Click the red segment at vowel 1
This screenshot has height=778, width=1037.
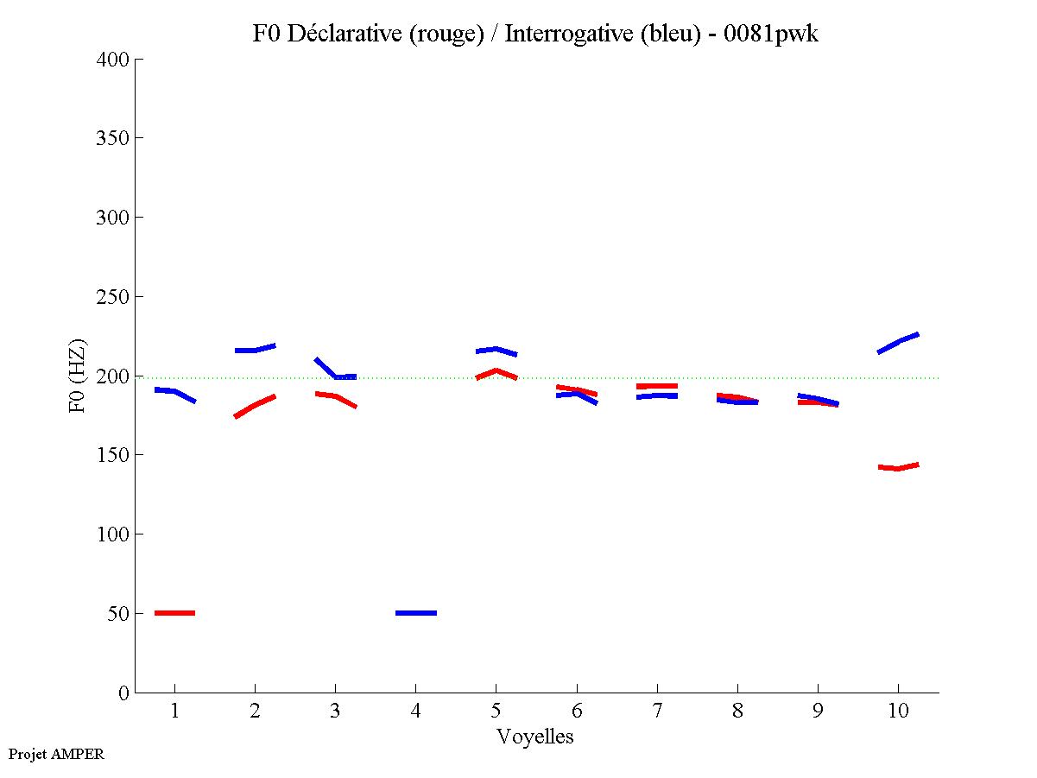(174, 613)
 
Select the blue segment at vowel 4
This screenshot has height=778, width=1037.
(416, 613)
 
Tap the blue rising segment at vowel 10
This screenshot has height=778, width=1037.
(898, 342)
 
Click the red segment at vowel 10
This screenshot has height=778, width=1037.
(898, 468)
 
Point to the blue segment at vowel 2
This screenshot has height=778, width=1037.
(255, 350)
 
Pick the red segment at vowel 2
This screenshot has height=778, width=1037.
(255, 404)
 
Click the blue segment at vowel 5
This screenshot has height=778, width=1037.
(496, 350)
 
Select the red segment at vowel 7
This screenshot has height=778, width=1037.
(657, 386)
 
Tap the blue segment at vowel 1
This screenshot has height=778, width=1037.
(175, 392)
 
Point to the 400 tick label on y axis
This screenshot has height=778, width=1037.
(113, 60)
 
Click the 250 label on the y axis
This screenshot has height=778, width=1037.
(113, 297)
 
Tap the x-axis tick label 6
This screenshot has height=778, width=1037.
(577, 712)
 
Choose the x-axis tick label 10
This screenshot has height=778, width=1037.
(898, 712)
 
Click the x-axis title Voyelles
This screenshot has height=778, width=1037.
(535, 737)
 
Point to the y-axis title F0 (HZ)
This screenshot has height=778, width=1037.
(77, 376)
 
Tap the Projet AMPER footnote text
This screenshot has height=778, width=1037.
(56, 754)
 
